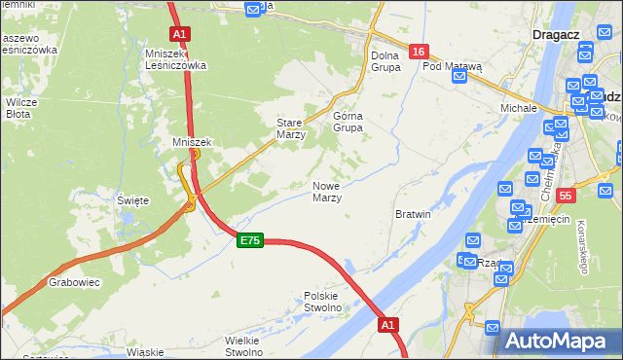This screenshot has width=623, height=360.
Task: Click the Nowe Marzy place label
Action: coord(326,192)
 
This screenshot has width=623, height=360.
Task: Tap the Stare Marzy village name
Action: coord(291,129)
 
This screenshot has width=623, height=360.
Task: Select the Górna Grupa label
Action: coord(348,122)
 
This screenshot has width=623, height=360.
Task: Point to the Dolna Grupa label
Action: coord(385,61)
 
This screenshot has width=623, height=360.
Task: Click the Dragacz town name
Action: coord(558,34)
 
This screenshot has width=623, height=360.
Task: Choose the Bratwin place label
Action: coord(413,213)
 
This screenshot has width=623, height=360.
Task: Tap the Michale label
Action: coord(519,107)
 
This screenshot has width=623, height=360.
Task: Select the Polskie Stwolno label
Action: coord(323,301)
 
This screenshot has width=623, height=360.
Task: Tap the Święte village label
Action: coord(133,199)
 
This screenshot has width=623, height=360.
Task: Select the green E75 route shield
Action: coord(249,241)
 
